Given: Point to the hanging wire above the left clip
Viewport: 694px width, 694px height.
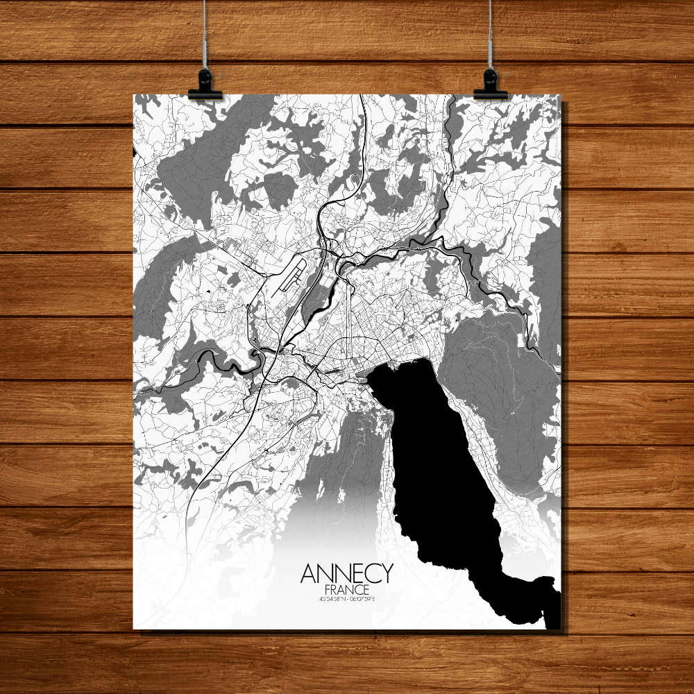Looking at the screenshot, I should coord(205,35).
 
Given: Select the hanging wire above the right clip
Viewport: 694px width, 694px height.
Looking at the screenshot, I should coord(491,35).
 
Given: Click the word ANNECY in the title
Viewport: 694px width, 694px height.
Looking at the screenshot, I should coord(346,573).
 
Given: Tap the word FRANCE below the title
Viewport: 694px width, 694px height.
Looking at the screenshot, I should coord(346,589).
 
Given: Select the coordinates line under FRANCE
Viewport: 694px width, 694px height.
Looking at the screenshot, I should coord(346,599).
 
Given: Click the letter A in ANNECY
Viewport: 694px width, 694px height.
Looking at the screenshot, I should coord(308,573).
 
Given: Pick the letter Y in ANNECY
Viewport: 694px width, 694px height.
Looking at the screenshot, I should coord(386,573).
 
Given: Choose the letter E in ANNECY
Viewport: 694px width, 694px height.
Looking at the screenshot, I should coord(355,573).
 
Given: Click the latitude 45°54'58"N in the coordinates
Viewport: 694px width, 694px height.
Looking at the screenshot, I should coord(332,599).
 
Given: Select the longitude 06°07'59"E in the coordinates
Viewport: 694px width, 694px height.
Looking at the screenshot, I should coord(362,599).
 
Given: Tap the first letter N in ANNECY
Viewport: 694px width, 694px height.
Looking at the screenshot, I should coord(324,573).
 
